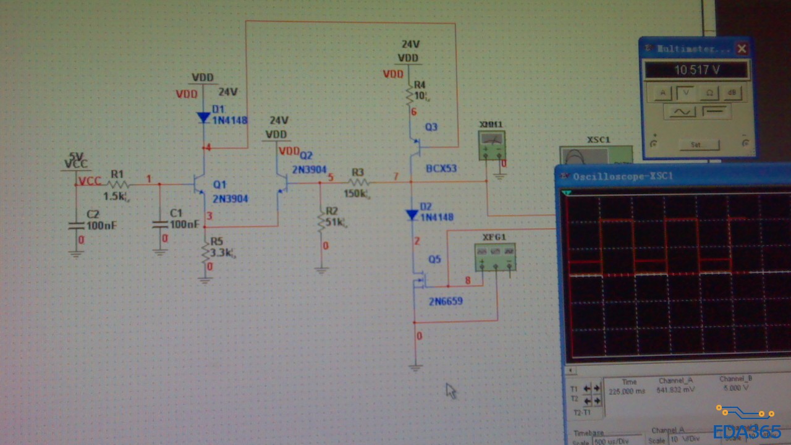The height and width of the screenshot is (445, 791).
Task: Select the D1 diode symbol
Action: (203, 117)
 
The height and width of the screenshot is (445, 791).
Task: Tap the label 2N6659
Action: (446, 302)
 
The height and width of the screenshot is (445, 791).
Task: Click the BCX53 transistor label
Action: (441, 168)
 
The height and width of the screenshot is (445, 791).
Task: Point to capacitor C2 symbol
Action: (76, 226)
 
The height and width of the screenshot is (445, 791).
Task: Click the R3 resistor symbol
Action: (358, 182)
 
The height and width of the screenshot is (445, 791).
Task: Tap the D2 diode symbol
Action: (412, 214)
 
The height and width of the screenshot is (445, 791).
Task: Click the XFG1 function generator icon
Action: (495, 257)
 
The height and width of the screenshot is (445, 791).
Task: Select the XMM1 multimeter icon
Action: (492, 146)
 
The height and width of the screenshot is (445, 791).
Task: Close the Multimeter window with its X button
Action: (742, 48)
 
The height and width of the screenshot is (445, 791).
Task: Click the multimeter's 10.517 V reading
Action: (696, 70)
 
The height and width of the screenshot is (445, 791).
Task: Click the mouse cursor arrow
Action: (450, 390)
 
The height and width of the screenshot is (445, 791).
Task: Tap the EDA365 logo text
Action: (747, 431)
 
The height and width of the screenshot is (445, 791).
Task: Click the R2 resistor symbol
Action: (321, 221)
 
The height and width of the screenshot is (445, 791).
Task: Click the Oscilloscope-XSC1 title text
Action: (623, 177)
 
